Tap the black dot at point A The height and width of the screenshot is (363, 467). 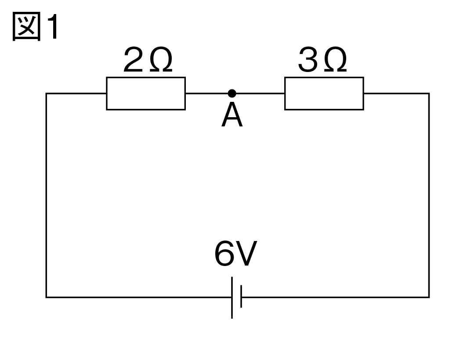[232, 93]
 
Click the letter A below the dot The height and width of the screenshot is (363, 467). [232, 115]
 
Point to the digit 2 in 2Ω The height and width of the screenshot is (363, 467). [133, 59]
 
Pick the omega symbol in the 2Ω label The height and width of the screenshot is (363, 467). [161, 59]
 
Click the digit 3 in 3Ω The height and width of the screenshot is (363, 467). [308, 59]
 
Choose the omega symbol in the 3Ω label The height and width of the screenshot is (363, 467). [335, 59]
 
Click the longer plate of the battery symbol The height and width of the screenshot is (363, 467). [232, 298]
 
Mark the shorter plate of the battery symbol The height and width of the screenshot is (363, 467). [241, 296]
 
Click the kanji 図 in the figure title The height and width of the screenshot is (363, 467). [26, 26]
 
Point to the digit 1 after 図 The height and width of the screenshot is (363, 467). [54, 27]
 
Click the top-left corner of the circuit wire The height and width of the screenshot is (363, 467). [47, 93]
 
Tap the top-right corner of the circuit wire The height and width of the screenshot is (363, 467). [429, 93]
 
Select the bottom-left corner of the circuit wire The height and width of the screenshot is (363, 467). [47, 297]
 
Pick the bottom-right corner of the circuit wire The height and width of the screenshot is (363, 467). [429, 297]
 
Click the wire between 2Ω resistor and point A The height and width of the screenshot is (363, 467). [206, 93]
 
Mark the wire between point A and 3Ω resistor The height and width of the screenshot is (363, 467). [261, 93]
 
